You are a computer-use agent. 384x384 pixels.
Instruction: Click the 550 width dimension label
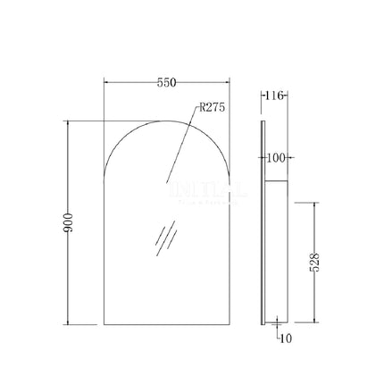pyautogui.click(x=165, y=83)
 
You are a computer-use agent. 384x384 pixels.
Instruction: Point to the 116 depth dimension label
pyautogui.click(x=277, y=96)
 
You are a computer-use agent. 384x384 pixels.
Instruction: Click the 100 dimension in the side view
pyautogui.click(x=276, y=158)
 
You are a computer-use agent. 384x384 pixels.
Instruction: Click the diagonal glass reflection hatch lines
pyautogui.click(x=163, y=239)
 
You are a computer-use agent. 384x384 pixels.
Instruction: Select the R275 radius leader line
pyautogui.click(x=183, y=147)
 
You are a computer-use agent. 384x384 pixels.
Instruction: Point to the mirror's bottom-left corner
pyautogui.click(x=105, y=324)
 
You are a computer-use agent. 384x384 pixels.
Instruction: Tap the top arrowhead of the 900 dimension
pyautogui.click(x=68, y=122)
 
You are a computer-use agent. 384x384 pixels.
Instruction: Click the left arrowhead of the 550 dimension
pyautogui.click(x=107, y=83)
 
